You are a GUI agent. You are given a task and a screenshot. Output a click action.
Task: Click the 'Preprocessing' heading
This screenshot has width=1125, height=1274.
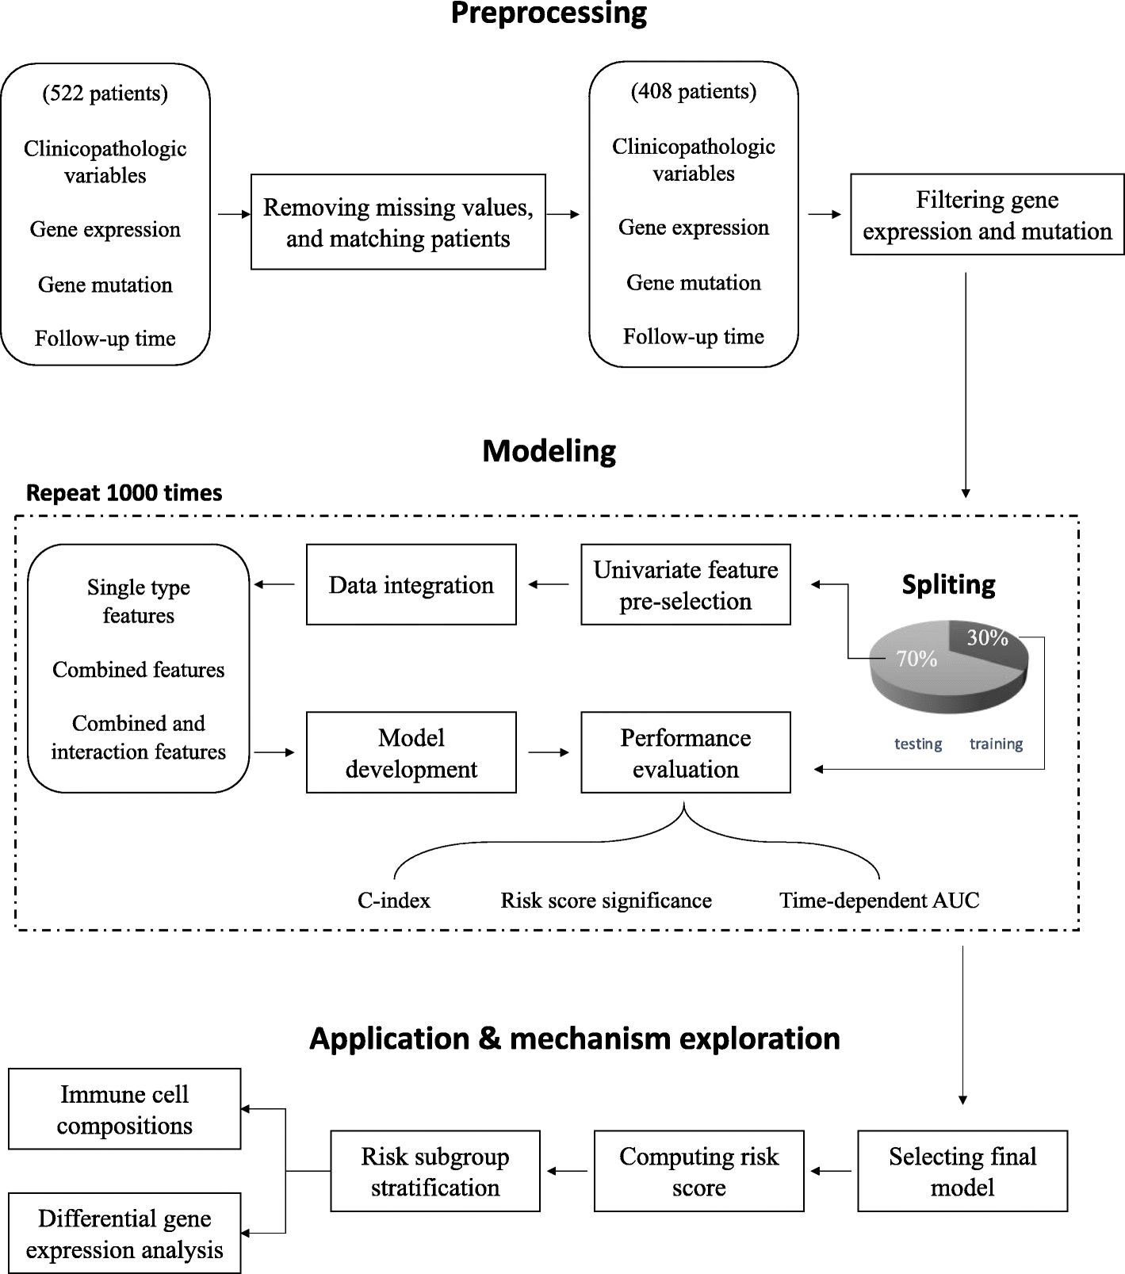click(549, 14)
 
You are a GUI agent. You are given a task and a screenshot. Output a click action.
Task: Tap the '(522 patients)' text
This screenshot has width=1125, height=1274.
click(105, 94)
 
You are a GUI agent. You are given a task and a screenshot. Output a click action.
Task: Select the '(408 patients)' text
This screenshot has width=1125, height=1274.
click(694, 92)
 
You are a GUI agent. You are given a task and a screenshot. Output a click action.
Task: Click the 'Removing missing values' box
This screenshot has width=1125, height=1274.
click(398, 222)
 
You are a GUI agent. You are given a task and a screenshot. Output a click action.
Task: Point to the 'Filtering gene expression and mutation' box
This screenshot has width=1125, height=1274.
click(987, 215)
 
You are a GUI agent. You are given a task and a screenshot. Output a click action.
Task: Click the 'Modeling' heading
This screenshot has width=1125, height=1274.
click(549, 451)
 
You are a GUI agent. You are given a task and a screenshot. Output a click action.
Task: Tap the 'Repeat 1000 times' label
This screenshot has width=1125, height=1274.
click(124, 493)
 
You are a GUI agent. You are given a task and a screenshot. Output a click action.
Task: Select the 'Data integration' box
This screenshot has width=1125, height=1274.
click(411, 585)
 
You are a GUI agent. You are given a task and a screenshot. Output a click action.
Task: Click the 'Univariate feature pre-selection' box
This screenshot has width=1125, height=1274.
click(686, 585)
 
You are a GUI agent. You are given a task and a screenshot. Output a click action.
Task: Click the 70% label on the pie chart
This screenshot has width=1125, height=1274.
click(916, 659)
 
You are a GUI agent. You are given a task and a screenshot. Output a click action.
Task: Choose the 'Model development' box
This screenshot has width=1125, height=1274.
click(411, 752)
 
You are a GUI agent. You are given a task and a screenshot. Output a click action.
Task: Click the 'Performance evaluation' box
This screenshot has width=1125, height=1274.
click(686, 752)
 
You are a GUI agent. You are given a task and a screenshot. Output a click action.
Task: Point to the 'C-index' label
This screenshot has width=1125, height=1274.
click(394, 901)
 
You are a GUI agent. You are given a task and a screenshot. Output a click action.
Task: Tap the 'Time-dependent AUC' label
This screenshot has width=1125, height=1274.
click(879, 901)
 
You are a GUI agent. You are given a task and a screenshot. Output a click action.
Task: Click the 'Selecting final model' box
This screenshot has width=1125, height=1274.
click(962, 1171)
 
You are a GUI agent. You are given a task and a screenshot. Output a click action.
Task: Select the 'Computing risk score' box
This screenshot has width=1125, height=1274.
click(698, 1171)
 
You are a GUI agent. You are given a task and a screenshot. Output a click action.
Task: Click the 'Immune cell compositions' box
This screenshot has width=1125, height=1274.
click(124, 1109)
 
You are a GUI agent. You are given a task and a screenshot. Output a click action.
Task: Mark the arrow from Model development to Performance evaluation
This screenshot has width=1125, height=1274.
click(549, 752)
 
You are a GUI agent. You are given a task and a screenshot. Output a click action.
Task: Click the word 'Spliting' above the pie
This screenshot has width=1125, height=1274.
click(948, 585)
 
